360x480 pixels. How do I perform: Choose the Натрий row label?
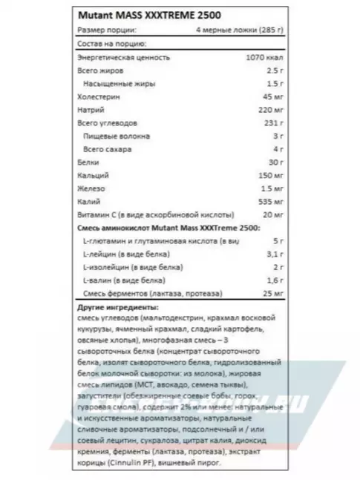tap(92, 110)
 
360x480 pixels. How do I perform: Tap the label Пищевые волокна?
tap(117, 137)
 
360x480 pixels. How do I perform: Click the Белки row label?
tap(90, 162)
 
